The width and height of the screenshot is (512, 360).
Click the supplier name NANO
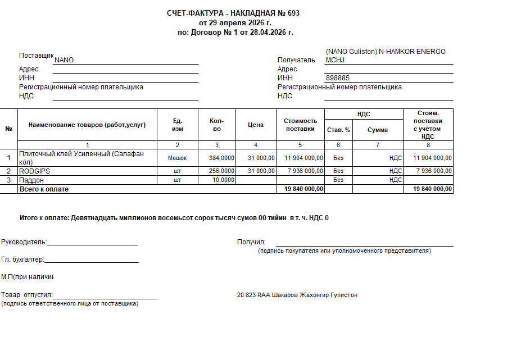click(x=64, y=60)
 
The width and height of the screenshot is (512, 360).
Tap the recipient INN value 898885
click(x=338, y=78)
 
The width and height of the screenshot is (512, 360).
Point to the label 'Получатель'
click(x=296, y=60)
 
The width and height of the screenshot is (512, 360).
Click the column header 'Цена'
click(x=256, y=125)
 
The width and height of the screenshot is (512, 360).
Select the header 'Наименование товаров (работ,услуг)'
click(x=87, y=125)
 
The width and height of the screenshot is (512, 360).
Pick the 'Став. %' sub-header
click(x=338, y=130)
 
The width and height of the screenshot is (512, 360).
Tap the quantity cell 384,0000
click(x=221, y=158)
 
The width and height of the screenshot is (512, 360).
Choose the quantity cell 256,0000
click(x=221, y=171)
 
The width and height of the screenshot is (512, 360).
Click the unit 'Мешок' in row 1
click(x=178, y=158)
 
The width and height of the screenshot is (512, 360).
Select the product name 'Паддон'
click(x=31, y=180)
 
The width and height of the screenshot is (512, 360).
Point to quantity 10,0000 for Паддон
click(x=223, y=180)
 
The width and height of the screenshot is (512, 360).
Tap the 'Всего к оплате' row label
click(x=44, y=189)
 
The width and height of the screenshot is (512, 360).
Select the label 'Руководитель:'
click(x=24, y=242)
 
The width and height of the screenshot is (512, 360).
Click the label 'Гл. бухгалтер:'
click(x=22, y=259)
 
